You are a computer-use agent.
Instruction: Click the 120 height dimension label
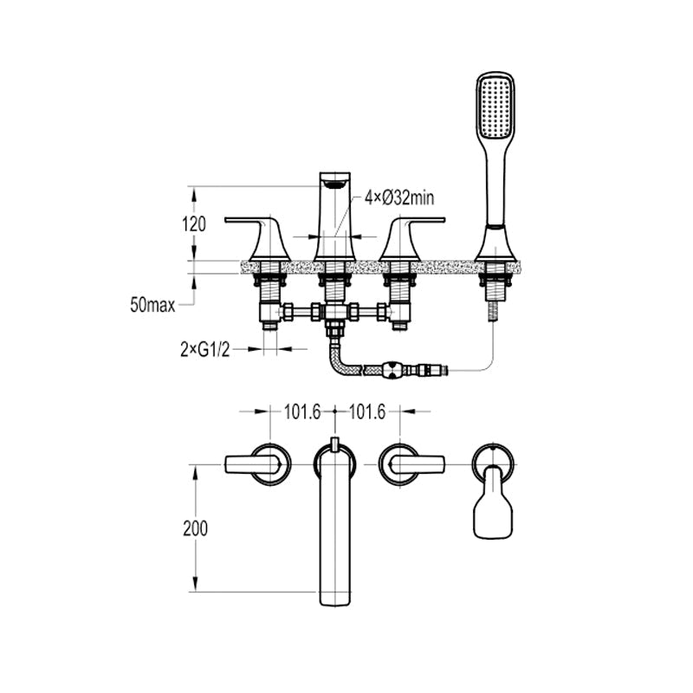(x=194, y=224)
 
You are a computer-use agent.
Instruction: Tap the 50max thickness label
(x=152, y=305)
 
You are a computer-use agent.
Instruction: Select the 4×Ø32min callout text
(x=399, y=198)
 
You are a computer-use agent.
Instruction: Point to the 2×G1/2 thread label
(x=205, y=350)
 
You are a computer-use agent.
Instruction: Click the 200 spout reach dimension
(x=196, y=528)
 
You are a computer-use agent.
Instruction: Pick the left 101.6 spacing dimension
(x=302, y=412)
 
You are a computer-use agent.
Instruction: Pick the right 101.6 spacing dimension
(x=367, y=412)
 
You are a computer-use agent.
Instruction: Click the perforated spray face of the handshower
(x=495, y=105)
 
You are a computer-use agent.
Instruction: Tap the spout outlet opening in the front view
(x=334, y=184)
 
